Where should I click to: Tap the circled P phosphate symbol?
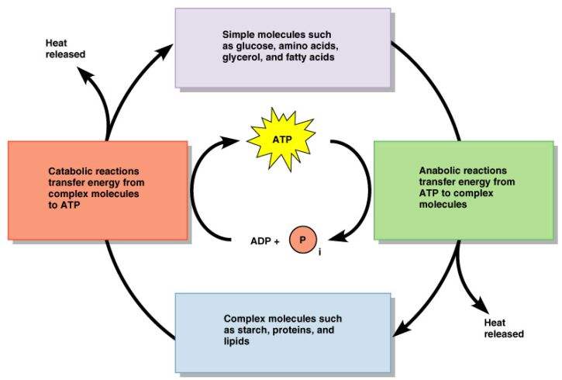(303, 240)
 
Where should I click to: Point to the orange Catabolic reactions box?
(97, 190)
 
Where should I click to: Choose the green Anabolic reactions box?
(464, 190)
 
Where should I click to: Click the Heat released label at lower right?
(504, 328)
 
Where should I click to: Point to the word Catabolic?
(69, 169)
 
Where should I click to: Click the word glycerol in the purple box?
(243, 57)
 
